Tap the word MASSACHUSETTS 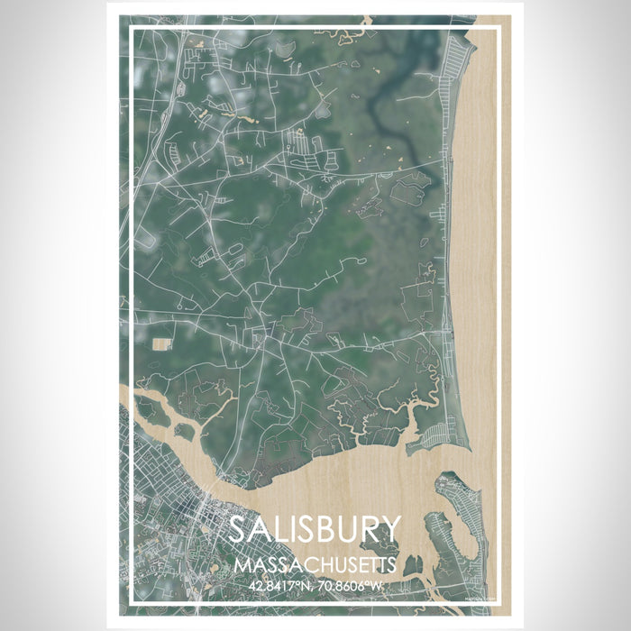(313, 566)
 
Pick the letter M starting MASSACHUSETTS (239, 566)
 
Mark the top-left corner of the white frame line (132, 28)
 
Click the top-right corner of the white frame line (498, 28)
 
